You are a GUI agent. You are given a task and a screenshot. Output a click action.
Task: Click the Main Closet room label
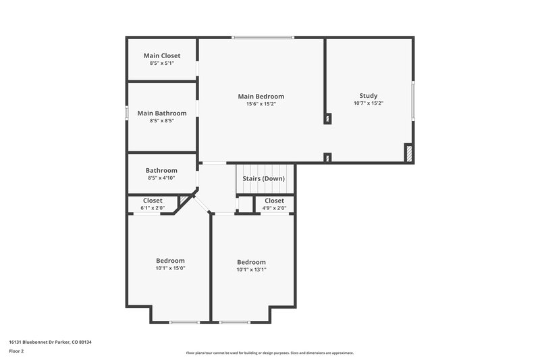tap(161, 55)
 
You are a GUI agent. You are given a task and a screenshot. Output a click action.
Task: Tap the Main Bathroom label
tap(162, 113)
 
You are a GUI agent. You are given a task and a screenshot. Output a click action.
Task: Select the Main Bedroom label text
tap(261, 96)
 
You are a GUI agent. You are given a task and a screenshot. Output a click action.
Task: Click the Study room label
tap(368, 95)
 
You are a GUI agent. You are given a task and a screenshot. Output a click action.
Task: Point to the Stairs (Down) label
tap(263, 178)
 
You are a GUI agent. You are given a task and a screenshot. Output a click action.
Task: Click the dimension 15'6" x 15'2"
tap(261, 104)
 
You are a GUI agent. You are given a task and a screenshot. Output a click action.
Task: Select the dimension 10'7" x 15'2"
tap(368, 103)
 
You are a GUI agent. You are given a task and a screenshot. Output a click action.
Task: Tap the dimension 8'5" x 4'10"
tap(161, 178)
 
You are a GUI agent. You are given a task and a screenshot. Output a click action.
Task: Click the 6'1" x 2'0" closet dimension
tap(153, 208)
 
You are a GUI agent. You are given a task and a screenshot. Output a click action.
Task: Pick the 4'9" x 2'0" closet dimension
tap(274, 208)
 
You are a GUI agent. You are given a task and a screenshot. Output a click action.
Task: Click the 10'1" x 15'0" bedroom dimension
tap(170, 268)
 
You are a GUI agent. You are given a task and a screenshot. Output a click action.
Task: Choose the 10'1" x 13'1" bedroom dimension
tap(251, 269)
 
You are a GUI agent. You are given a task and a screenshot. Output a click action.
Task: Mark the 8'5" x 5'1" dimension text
tap(161, 63)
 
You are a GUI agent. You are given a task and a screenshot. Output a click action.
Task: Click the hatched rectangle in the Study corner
tap(408, 153)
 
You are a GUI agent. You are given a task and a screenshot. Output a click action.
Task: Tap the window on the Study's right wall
tap(413, 100)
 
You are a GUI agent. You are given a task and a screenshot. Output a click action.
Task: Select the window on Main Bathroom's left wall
tap(127, 113)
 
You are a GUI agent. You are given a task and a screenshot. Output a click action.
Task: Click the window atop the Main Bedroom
tap(263, 37)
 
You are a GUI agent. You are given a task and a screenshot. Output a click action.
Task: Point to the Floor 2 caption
tap(17, 351)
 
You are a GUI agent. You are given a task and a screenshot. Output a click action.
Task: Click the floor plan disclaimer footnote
tap(269, 353)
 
